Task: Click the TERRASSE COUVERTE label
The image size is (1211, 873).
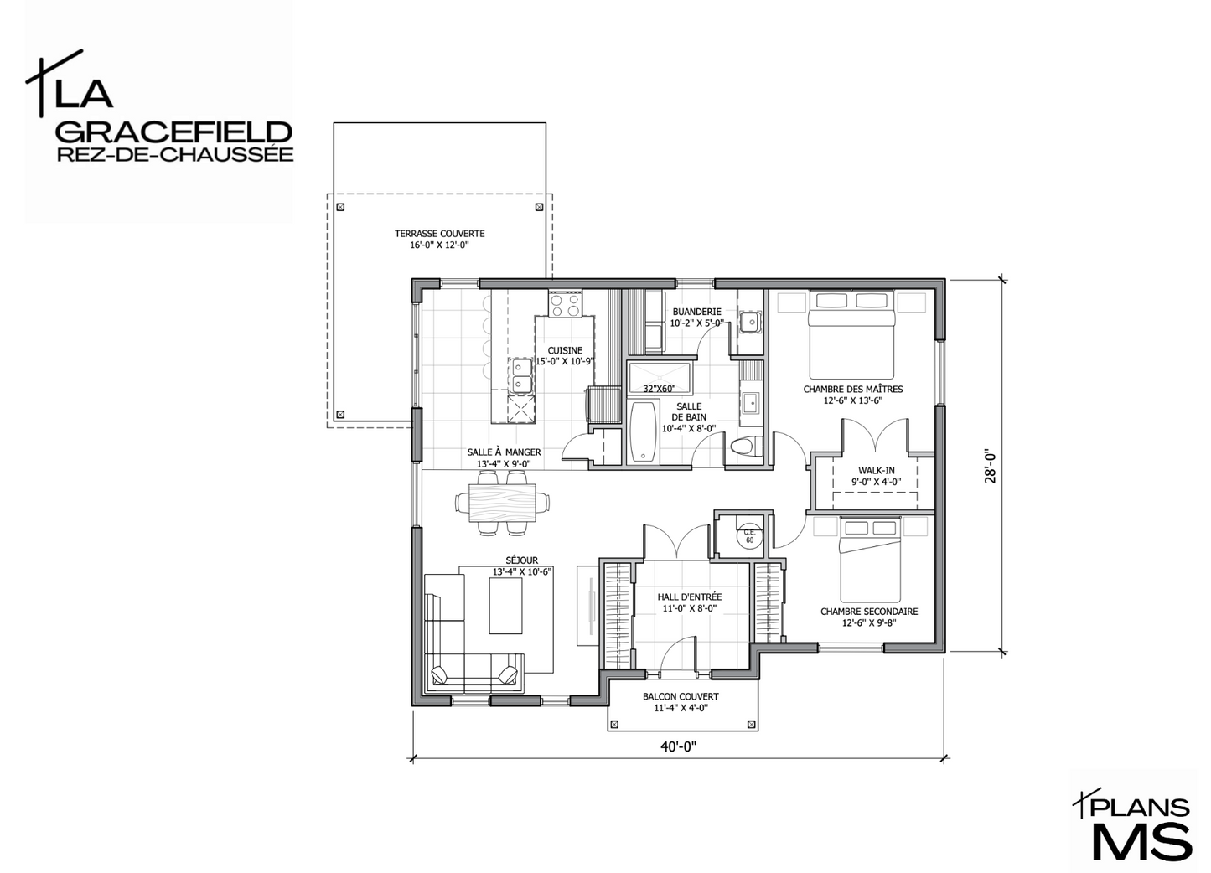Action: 439,234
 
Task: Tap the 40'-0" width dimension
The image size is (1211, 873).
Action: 679,746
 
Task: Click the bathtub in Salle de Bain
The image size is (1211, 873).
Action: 644,431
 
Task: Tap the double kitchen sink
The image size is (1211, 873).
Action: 142,375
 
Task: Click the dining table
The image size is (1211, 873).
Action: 502,503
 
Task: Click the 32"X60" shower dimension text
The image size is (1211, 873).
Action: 660,389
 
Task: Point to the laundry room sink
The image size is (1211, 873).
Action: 750,323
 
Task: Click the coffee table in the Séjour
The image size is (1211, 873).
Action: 506,606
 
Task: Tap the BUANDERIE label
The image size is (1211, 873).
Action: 697,312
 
